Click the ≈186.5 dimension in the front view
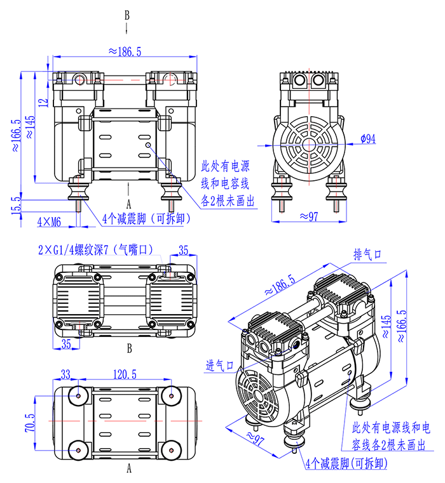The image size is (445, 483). (125, 51)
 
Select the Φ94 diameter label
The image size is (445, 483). (367, 138)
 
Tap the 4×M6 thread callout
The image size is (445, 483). (49, 222)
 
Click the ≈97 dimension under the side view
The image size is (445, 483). (309, 216)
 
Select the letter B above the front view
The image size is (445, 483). (127, 14)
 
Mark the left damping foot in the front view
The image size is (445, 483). (79, 190)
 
